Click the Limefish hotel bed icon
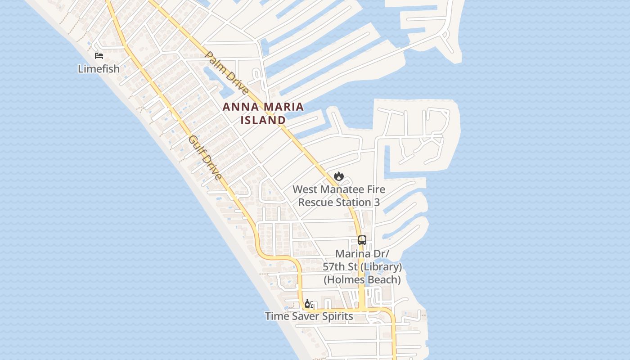99,56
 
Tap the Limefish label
99,69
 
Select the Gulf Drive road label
205,158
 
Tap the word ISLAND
263,120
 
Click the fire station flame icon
339,176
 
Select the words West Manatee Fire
339,189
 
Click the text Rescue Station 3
339,202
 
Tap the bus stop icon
362,240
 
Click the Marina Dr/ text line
362,254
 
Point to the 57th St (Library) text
362,267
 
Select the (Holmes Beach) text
362,280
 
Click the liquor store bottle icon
309,304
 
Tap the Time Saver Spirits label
309,316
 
